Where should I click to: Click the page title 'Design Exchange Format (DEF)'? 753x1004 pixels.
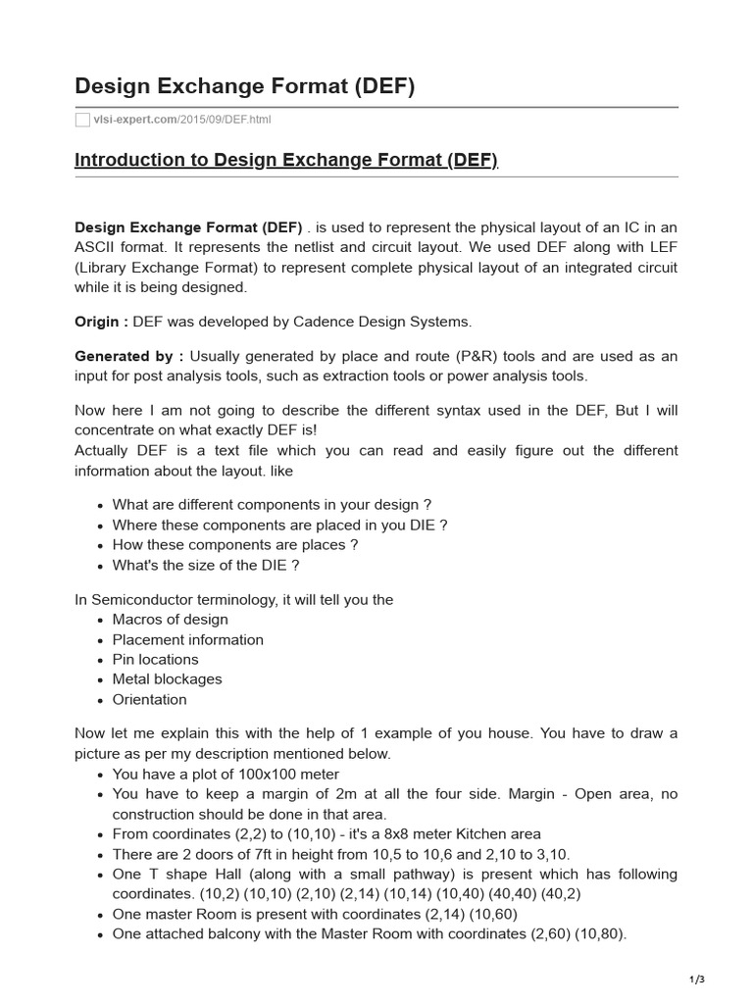[245, 87]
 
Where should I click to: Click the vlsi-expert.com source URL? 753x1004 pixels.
[181, 120]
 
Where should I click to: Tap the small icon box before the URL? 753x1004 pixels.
[82, 120]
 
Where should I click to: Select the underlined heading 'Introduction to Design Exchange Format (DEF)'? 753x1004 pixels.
[286, 160]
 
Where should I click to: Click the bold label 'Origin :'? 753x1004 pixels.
[101, 322]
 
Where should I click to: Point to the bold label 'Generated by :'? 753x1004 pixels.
[128, 356]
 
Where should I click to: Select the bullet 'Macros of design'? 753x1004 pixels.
[170, 620]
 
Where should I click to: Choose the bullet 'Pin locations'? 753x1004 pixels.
[155, 660]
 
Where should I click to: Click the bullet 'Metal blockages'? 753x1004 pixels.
[167, 679]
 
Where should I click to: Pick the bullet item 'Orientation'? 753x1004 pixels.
[149, 700]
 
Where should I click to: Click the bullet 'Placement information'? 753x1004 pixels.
[187, 640]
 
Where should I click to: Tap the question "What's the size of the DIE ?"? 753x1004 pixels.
[206, 566]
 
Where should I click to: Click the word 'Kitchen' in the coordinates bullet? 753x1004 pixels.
[473, 833]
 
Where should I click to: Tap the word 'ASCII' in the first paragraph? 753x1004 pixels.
[99, 248]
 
